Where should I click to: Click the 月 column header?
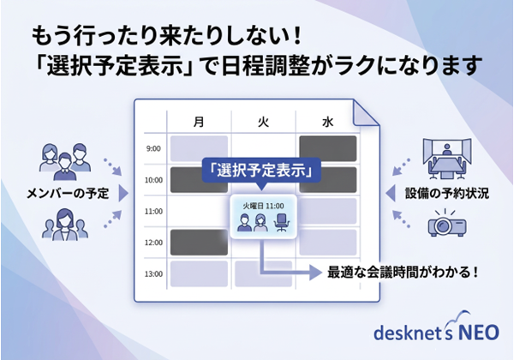[x=200, y=121]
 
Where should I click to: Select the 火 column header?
[x=264, y=121]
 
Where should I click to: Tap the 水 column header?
[x=328, y=121]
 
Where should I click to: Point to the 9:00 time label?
[x=152, y=148]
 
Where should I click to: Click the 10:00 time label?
[x=152, y=180]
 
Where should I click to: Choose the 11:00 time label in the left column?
[x=152, y=211]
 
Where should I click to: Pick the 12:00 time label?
[x=152, y=243]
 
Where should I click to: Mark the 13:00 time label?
[x=152, y=274]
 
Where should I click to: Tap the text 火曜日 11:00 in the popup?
[x=263, y=206]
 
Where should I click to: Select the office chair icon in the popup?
[x=281, y=223]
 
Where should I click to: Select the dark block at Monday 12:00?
[x=199, y=243]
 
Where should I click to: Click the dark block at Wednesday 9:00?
[x=326, y=147]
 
